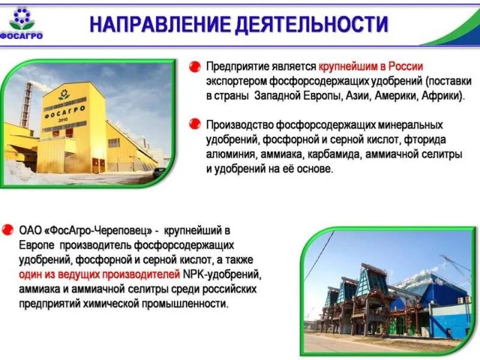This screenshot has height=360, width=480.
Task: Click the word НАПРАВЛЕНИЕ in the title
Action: pos(158,24)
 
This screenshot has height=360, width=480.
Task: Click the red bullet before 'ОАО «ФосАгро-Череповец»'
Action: pos(8,230)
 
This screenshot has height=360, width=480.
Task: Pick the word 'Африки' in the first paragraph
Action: pos(441,95)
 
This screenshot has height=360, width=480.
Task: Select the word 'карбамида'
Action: pos(323,154)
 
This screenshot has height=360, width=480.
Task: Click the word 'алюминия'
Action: pos(231,154)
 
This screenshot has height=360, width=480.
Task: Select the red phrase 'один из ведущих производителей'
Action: pos(100,275)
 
